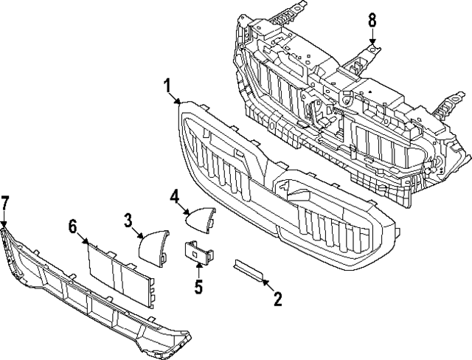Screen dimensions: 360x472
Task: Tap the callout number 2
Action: [277, 300]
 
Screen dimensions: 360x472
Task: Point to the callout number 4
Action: [174, 197]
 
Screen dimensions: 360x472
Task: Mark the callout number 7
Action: [5, 202]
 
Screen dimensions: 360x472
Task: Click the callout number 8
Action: [372, 21]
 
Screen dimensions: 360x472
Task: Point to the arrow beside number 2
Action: [266, 286]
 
